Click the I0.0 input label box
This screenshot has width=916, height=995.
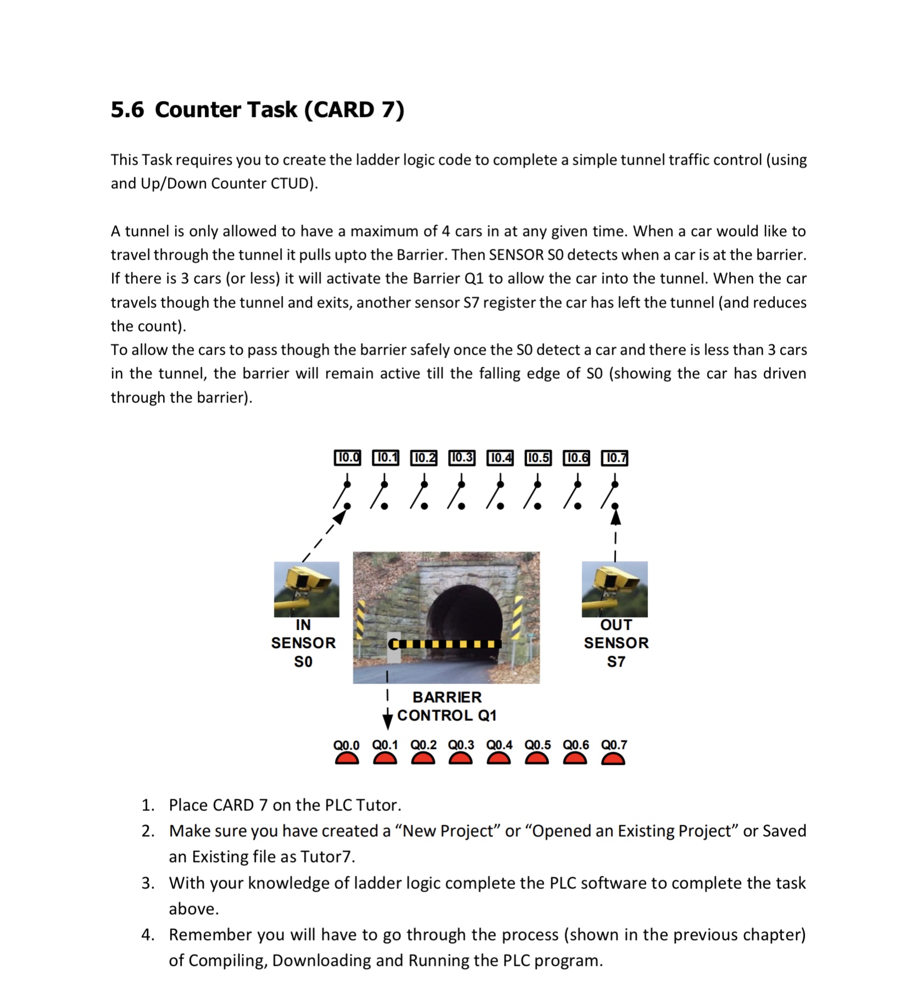(x=347, y=457)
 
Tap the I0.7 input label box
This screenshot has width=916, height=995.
(x=615, y=457)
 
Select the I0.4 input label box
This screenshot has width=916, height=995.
(x=500, y=457)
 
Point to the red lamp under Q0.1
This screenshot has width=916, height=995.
(x=385, y=759)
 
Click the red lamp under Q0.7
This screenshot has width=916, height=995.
(x=613, y=759)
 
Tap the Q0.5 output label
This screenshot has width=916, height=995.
(x=537, y=745)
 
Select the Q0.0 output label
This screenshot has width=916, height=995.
(x=346, y=745)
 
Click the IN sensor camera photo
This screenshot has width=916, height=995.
(x=306, y=589)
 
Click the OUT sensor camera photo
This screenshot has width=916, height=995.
(x=615, y=589)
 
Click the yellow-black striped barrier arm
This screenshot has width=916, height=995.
(x=448, y=644)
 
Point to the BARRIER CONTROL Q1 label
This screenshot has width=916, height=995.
(x=446, y=706)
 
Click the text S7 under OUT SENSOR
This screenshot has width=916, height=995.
(x=616, y=662)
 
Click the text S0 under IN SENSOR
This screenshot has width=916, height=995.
(x=303, y=662)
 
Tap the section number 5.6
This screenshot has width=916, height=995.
(x=127, y=109)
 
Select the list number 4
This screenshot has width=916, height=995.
(x=147, y=935)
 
